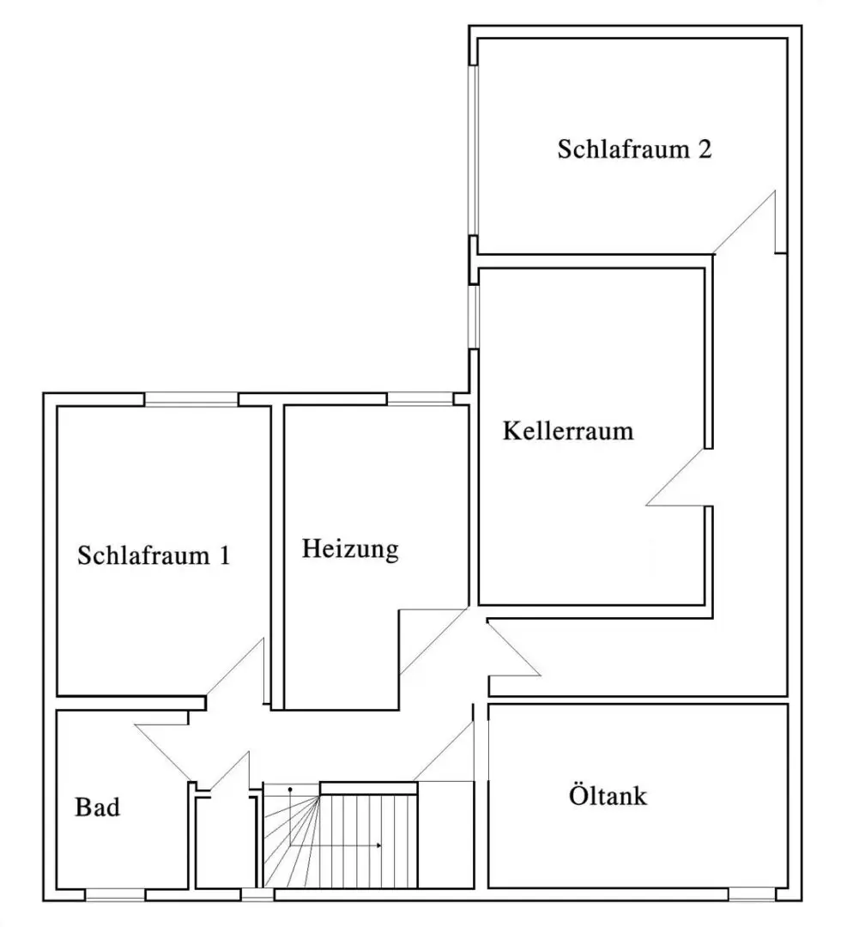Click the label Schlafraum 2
pos(634,149)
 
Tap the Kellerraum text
pos(568,431)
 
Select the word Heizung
pos(350,549)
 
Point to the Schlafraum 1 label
pos(154,555)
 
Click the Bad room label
pos(98,808)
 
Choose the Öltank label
pos(608,795)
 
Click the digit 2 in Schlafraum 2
pos(705,149)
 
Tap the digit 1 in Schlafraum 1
pos(225,555)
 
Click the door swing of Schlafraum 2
pos(745,222)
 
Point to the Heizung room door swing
pos(434,641)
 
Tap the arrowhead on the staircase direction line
pos(378,845)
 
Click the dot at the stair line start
pos(290,790)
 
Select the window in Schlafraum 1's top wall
pos(191,400)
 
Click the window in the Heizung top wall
pos(420,400)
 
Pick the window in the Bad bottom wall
pos(115,895)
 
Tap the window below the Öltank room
pos(752,894)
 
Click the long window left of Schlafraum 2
pos(473,150)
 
